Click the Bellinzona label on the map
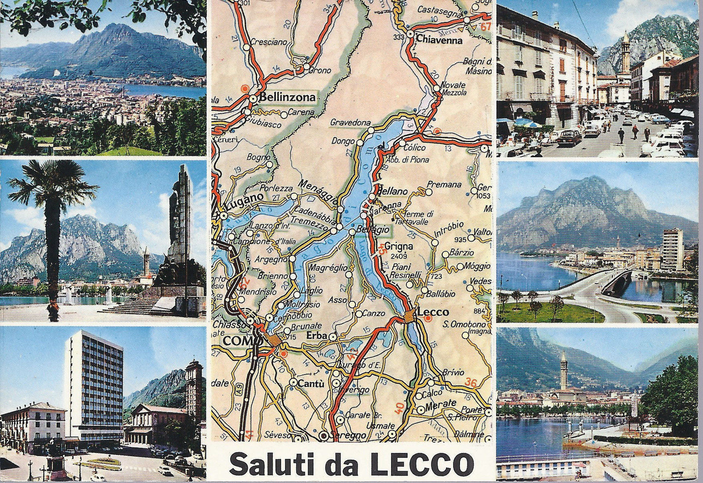(287, 97)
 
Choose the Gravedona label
(351, 123)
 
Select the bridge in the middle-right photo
(615, 281)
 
